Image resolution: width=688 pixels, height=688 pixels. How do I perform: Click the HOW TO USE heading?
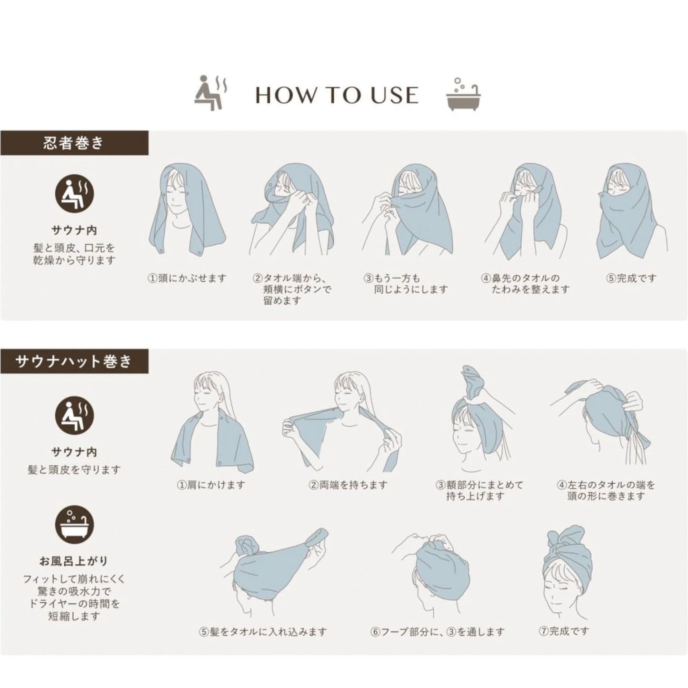coord(337,95)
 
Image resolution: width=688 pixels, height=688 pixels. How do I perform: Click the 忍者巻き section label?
coord(74,143)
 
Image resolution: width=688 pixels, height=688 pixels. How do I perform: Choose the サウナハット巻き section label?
coord(74,361)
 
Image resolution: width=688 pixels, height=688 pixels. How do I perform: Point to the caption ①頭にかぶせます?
coord(188,278)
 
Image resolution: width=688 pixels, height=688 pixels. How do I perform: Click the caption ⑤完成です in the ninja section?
coord(632,278)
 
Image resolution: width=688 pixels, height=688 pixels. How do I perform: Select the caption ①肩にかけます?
coord(211,485)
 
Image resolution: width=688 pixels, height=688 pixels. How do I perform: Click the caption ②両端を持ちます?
coord(348,485)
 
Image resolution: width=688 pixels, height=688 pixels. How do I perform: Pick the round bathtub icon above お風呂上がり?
coord(74,525)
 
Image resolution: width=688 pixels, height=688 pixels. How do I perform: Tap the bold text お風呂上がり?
coord(74,561)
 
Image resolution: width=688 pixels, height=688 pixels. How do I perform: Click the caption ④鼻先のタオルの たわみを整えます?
coord(525,283)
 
